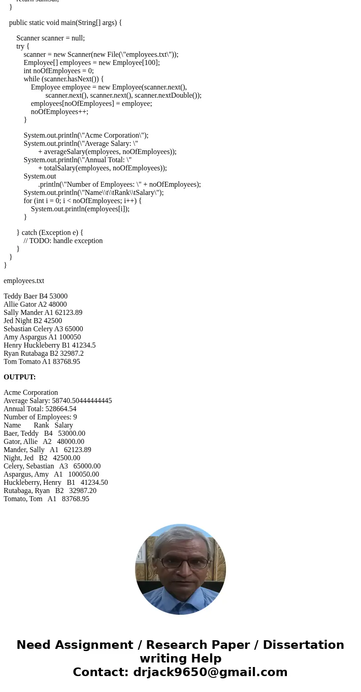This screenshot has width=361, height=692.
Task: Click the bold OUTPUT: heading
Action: coord(20,377)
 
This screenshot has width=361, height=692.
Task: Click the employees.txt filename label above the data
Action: coord(24,281)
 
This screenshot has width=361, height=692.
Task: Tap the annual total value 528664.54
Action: coord(61,409)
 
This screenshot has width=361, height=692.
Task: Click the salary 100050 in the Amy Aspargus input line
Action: coord(70,337)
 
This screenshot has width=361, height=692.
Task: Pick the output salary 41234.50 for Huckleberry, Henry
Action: coord(94,483)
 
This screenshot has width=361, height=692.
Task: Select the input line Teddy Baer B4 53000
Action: coord(35,296)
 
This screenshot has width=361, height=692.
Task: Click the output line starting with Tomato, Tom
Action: coord(46,499)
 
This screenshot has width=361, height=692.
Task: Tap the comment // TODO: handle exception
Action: coord(63,241)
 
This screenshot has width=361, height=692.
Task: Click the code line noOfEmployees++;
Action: coord(60,112)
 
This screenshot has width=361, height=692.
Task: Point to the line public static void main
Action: coord(65,23)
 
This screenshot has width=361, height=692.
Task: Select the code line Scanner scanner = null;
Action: coord(50,38)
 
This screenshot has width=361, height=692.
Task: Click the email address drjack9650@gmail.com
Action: coord(210,672)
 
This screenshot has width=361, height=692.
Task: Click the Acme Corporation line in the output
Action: coord(31,393)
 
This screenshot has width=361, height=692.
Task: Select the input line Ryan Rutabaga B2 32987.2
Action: coord(44,353)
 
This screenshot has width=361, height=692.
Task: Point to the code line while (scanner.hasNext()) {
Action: coord(64,79)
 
